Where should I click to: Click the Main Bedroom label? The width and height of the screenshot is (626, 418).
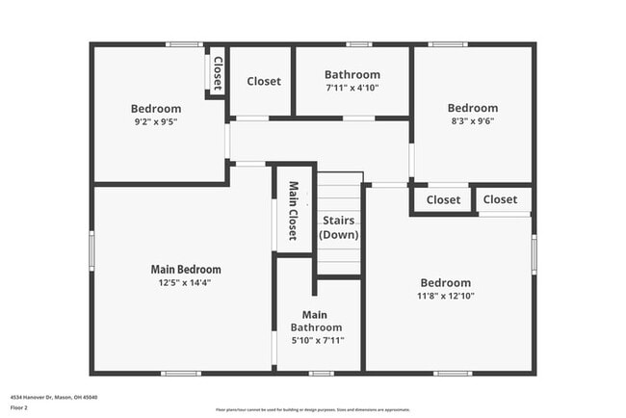coord(186,270)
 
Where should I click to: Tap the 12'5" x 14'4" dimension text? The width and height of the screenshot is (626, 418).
coord(186,283)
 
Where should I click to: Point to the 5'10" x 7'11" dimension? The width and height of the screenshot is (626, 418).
coord(317,340)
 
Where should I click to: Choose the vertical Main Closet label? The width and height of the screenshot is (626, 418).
coord(293,211)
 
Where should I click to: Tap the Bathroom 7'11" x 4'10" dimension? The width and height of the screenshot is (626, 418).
coord(352,88)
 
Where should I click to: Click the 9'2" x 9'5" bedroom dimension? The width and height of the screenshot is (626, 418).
coord(156,121)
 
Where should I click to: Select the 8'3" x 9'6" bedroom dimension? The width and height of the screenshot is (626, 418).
coord(472,121)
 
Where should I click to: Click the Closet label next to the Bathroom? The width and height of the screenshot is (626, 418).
coord(263,82)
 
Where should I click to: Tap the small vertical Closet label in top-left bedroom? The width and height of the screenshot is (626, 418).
coord(217,72)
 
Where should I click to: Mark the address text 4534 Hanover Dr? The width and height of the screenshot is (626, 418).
coord(54,397)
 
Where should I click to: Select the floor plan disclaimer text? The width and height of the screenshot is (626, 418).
coord(313,408)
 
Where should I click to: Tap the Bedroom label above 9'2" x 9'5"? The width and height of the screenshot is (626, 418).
coord(156,108)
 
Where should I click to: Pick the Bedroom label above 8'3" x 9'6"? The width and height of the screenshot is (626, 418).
coord(472,108)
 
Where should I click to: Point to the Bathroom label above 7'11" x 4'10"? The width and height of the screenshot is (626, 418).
coord(352,74)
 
